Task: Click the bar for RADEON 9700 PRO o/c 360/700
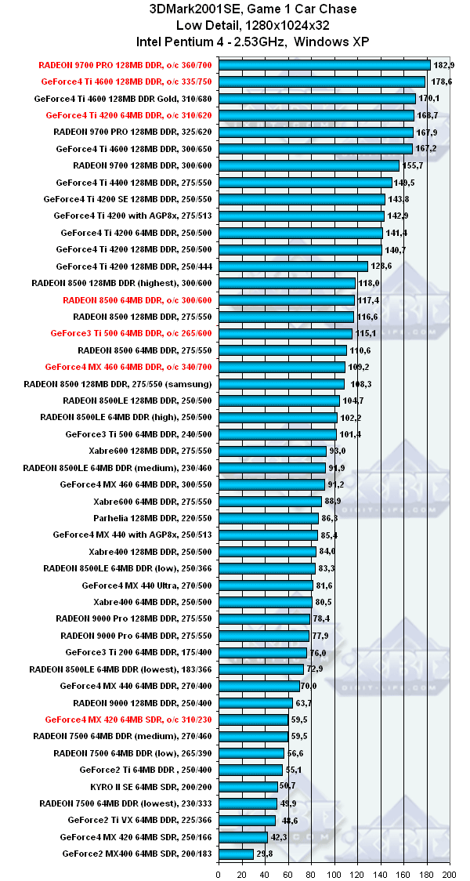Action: (x=324, y=65)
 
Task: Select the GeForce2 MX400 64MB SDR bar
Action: (x=236, y=854)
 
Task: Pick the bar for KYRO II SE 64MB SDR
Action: (x=248, y=786)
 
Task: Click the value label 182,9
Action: (x=443, y=65)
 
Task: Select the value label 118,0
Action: (x=369, y=283)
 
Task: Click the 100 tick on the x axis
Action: (x=334, y=872)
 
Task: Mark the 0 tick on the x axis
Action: (x=218, y=872)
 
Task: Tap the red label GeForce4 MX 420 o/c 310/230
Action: (x=128, y=719)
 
